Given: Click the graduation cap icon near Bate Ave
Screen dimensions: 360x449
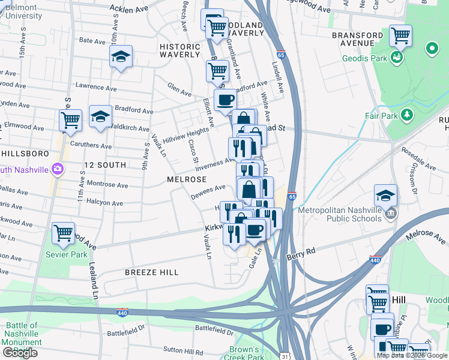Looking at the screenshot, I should pyautogui.click(x=121, y=57).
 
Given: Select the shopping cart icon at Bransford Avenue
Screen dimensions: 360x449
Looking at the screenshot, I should pyautogui.click(x=400, y=35).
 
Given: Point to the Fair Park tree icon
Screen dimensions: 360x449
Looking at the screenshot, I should pyautogui.click(x=408, y=114).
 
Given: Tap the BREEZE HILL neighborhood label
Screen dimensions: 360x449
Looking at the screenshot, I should pyautogui.click(x=151, y=272).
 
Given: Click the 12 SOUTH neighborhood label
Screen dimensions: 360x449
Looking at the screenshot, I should pyautogui.click(x=105, y=164).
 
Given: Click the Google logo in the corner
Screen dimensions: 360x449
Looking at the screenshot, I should pyautogui.click(x=20, y=353).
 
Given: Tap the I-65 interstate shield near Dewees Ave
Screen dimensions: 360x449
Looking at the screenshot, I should pyautogui.click(x=292, y=196).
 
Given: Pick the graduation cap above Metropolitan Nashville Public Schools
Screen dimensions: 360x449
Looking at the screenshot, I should pyautogui.click(x=385, y=194).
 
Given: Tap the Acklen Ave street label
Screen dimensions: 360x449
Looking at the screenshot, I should pyautogui.click(x=129, y=9).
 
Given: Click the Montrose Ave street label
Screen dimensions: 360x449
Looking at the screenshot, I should pyautogui.click(x=107, y=185).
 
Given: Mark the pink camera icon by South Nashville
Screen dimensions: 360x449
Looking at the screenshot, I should pyautogui.click(x=58, y=169).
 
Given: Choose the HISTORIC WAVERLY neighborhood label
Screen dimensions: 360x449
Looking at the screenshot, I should pyautogui.click(x=179, y=50).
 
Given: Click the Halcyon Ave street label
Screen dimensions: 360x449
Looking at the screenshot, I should pyautogui.click(x=104, y=203).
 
